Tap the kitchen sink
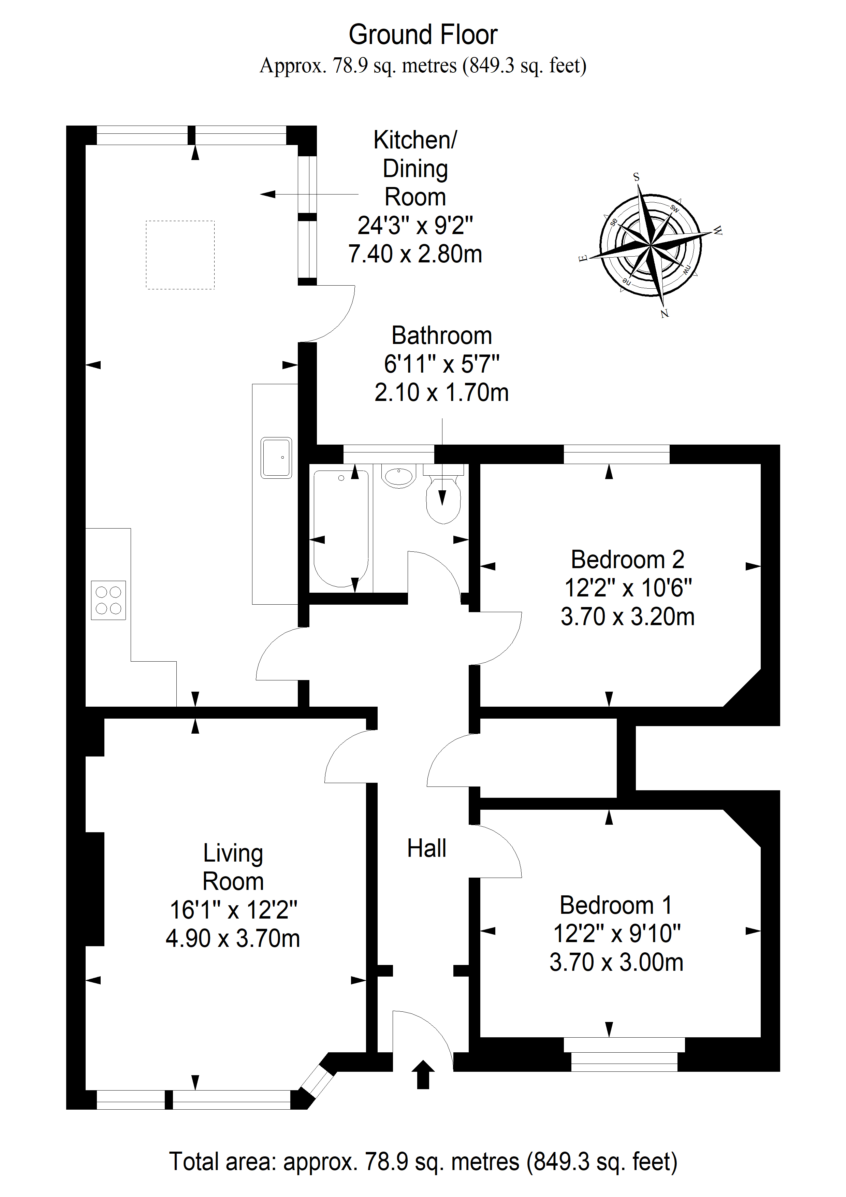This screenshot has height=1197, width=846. (x=276, y=458)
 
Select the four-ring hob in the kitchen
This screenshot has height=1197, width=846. (x=108, y=600)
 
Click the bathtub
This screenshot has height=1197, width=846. (x=341, y=529)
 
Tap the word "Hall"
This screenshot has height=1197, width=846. (x=426, y=849)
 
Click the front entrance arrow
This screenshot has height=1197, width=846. (x=423, y=1075)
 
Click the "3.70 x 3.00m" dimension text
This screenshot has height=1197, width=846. (x=616, y=962)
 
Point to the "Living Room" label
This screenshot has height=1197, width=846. (x=233, y=867)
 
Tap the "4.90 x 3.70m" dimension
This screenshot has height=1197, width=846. (x=233, y=938)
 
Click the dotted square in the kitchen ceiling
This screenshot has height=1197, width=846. (x=180, y=255)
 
